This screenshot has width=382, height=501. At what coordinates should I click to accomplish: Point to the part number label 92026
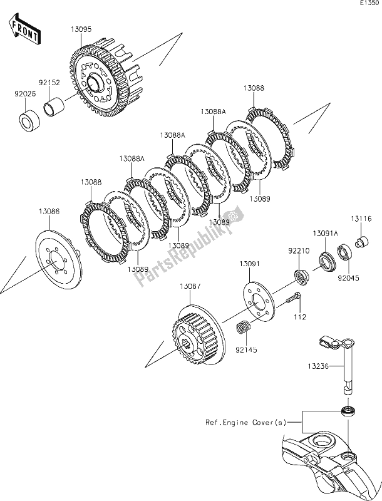point(24,95)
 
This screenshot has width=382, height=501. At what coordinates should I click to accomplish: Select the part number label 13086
point(50,213)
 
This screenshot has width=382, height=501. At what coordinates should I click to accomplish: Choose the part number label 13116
point(364,219)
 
